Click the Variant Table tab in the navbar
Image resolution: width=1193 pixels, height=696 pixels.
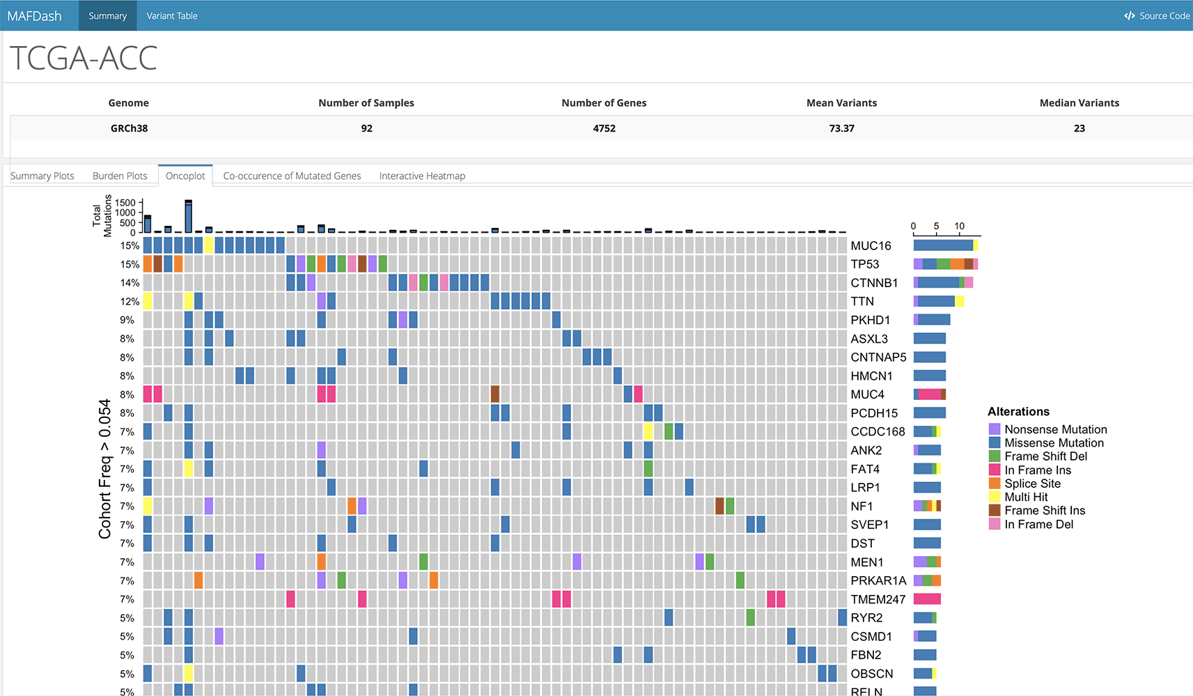point(172,16)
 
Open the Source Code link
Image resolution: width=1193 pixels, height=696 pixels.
point(1157,16)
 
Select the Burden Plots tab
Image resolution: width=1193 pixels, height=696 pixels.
point(120,176)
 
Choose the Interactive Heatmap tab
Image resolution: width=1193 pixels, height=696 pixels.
point(422,176)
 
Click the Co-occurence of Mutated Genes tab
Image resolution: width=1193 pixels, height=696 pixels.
point(292,176)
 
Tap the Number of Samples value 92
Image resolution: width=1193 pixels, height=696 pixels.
point(366,128)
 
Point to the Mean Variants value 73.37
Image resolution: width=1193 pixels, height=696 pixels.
point(841,128)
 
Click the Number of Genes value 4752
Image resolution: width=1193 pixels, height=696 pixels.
point(604,128)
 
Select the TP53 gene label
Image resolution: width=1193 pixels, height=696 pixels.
point(865,265)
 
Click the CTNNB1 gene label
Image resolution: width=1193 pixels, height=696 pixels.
point(874,283)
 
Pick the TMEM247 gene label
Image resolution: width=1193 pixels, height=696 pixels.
point(878,599)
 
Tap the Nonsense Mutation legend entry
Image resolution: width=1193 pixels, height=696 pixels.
point(1055,430)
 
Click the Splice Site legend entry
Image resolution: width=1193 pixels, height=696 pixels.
point(1032,484)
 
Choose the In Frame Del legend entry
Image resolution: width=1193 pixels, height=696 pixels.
point(1038,525)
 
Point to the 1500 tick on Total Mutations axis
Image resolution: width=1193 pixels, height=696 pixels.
point(125,203)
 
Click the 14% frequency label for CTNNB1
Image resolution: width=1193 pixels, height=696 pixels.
point(130,283)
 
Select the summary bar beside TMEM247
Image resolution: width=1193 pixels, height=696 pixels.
point(927,599)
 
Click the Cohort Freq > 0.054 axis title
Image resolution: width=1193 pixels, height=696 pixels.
point(105,469)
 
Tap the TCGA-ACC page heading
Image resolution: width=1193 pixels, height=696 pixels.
point(84,59)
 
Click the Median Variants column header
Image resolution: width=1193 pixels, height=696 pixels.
point(1079,103)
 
